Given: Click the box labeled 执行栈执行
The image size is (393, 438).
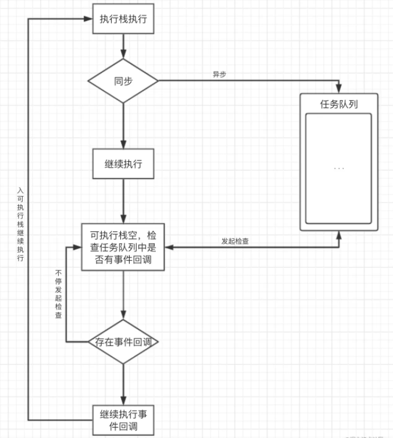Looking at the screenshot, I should (123, 19).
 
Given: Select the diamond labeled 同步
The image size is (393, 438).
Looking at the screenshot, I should (123, 81).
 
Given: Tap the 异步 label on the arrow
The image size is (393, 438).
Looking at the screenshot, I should (219, 75).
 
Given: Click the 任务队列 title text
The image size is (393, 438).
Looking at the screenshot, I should (339, 104).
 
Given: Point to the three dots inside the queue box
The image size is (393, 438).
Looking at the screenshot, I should (339, 168).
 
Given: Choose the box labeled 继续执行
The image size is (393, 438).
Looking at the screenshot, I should (123, 164).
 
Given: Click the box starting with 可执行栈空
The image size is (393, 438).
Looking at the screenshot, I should (123, 248).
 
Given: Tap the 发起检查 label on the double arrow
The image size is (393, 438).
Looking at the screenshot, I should (235, 241).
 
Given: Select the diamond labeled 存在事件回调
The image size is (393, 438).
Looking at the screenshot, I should (123, 342).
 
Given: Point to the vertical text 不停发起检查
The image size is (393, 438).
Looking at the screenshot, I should (59, 294).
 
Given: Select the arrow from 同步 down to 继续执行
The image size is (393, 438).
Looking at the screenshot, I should (123, 125).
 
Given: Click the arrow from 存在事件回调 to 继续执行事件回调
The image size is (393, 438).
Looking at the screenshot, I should (123, 384).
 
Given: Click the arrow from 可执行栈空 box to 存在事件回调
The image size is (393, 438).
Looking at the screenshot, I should (123, 294).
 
